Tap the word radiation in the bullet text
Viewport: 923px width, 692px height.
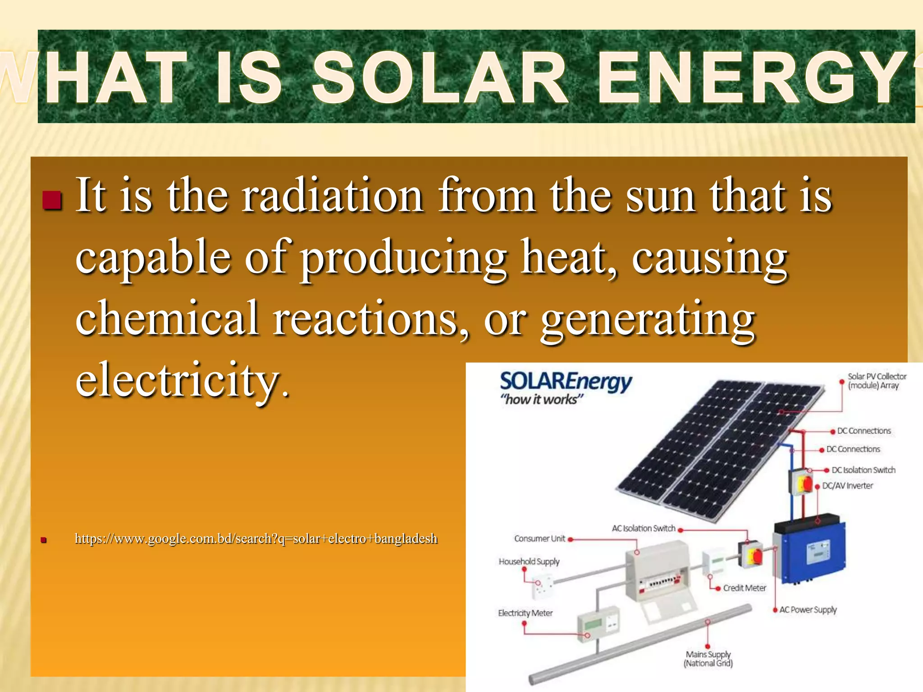point(333,196)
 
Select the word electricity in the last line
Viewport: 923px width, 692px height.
point(183,381)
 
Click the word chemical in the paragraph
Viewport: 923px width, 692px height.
point(167,319)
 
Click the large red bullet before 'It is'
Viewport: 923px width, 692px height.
point(52,200)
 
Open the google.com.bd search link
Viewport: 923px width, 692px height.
point(256,538)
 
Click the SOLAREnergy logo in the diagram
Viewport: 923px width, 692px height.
point(566,382)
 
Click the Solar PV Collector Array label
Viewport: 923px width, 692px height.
point(876,381)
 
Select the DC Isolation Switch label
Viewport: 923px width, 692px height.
point(863,470)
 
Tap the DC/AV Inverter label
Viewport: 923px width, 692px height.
point(847,486)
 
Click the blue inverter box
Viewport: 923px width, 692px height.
point(809,552)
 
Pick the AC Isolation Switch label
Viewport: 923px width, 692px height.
point(643,528)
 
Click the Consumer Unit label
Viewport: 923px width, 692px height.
point(539,538)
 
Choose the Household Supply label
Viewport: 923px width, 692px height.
point(529,561)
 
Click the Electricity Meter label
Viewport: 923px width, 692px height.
point(525,613)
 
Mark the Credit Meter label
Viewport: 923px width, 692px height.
point(744,588)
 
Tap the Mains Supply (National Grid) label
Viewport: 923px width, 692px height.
point(708,659)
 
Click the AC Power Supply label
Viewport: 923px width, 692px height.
point(808,610)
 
